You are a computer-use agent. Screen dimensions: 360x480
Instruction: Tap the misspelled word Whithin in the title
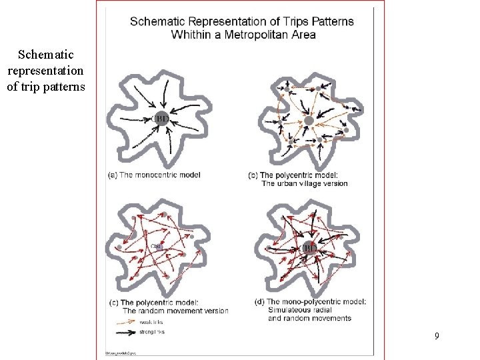coord(191,34)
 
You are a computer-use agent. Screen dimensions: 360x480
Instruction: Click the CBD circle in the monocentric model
coord(161,119)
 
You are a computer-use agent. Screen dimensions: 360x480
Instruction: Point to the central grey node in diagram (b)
coord(309,121)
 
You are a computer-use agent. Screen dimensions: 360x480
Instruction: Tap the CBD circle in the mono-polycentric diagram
coord(308,248)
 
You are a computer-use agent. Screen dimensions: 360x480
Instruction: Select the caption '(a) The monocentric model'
coord(153,175)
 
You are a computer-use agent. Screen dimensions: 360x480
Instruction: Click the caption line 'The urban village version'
coord(304,183)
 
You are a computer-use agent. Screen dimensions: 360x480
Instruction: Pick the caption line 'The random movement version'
coord(175,311)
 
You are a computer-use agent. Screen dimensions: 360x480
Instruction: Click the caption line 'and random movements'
coord(309,318)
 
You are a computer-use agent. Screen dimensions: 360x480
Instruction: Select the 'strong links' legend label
coord(152,331)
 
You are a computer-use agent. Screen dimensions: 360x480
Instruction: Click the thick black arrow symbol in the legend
coord(125,331)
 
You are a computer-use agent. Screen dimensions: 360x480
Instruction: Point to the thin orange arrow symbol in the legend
coord(125,322)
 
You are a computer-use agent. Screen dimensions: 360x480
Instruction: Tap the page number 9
coord(437,336)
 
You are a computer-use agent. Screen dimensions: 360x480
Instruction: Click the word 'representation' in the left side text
coord(45,70)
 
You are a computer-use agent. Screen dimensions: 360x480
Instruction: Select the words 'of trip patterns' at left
coord(45,86)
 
